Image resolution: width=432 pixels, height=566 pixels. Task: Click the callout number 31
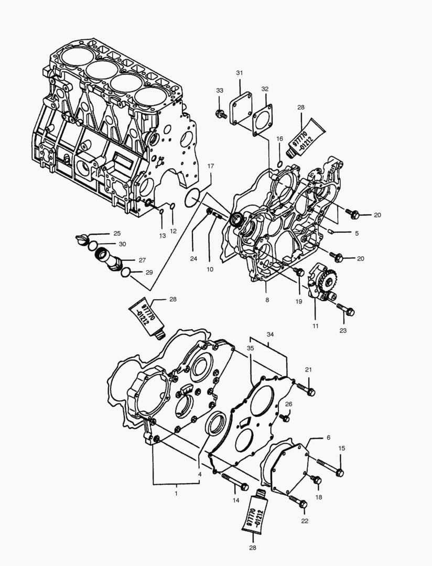point(239,72)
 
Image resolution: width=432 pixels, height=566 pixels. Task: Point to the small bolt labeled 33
point(221,114)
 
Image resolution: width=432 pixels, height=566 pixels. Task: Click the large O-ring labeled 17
point(193,198)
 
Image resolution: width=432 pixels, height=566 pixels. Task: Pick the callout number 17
point(210,166)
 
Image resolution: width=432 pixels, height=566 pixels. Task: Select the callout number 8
point(267,300)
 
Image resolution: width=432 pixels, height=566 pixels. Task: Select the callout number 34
point(269,334)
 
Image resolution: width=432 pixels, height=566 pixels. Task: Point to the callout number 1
point(176,493)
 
